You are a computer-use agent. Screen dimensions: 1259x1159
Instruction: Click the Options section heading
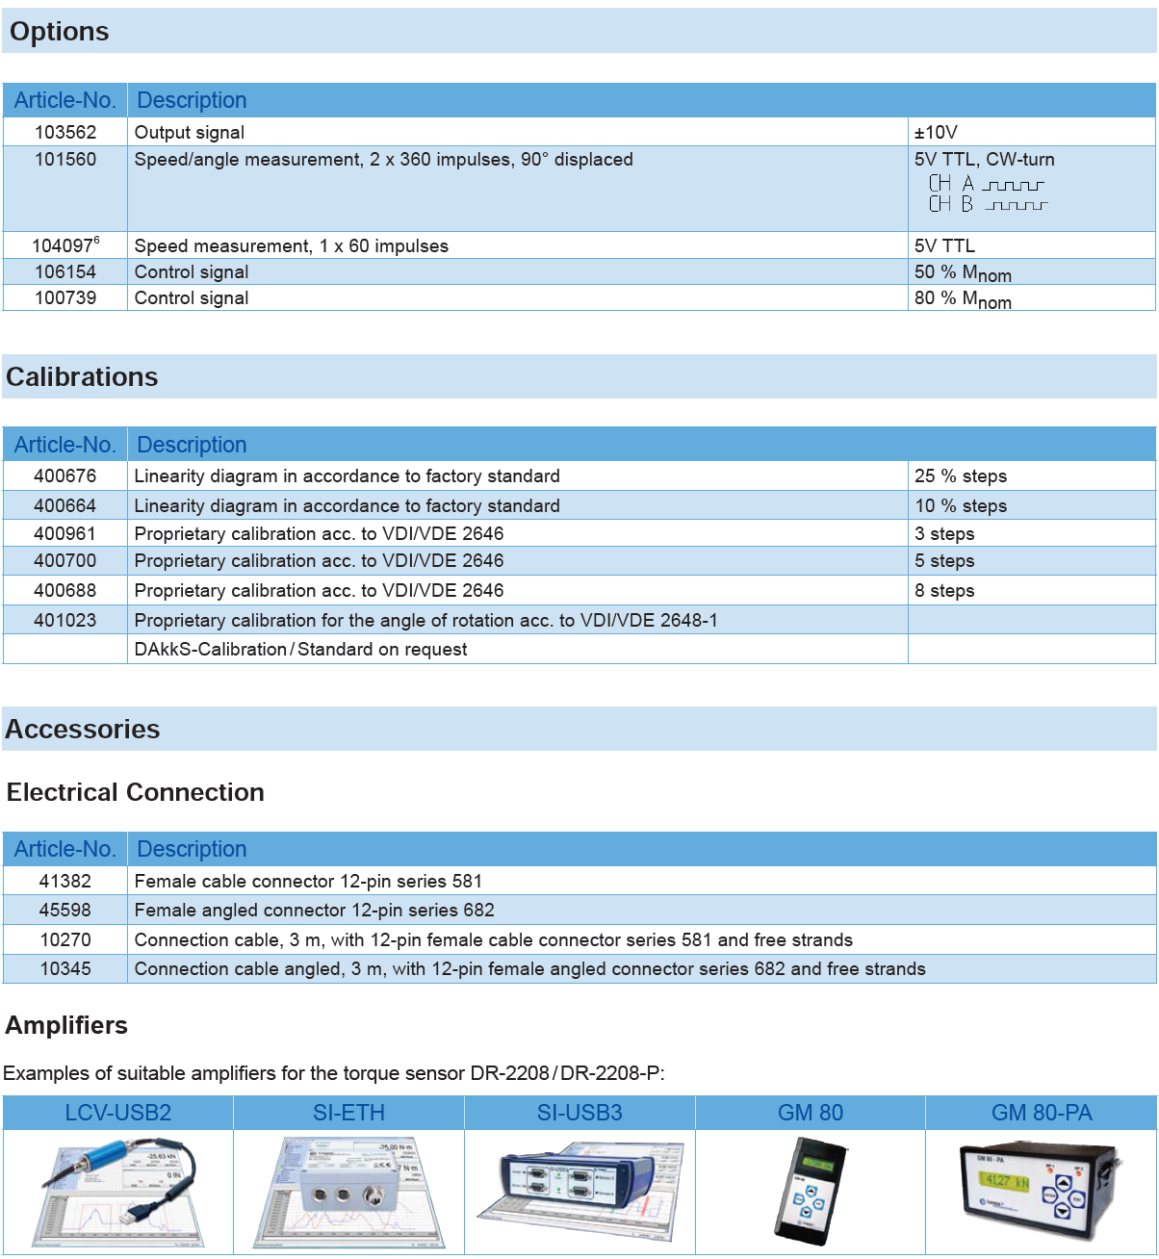pyautogui.click(x=60, y=32)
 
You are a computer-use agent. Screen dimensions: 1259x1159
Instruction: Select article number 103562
pyautogui.click(x=65, y=133)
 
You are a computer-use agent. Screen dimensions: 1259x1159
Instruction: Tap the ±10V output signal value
pyautogui.click(x=936, y=133)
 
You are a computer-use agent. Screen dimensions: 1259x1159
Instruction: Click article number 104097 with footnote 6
pyautogui.click(x=65, y=245)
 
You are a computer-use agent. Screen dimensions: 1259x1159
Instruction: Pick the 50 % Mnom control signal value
pyautogui.click(x=963, y=273)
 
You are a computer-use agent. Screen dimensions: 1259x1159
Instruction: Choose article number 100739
pyautogui.click(x=65, y=298)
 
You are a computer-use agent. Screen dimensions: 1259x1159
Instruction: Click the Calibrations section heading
pyautogui.click(x=83, y=377)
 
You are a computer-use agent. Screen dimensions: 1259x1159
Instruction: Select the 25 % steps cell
pyautogui.click(x=961, y=476)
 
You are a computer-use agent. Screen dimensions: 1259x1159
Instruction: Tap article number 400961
pyautogui.click(x=65, y=534)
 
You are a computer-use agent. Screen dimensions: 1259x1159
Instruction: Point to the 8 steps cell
pyautogui.click(x=944, y=591)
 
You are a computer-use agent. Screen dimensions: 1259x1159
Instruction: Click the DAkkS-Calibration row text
pyautogui.click(x=300, y=650)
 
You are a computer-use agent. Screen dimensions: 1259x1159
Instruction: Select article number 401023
pyautogui.click(x=65, y=621)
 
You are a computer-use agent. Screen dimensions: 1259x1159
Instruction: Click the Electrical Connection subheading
pyautogui.click(x=136, y=792)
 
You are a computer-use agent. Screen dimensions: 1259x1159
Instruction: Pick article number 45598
pyautogui.click(x=65, y=911)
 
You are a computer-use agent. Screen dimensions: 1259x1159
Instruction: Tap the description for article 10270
pyautogui.click(x=493, y=940)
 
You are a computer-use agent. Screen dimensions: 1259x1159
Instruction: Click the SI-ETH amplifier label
pyautogui.click(x=348, y=1114)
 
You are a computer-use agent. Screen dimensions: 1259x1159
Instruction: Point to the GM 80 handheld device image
pyautogui.click(x=811, y=1192)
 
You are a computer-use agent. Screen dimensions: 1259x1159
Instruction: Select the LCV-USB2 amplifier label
pyautogui.click(x=117, y=1114)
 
